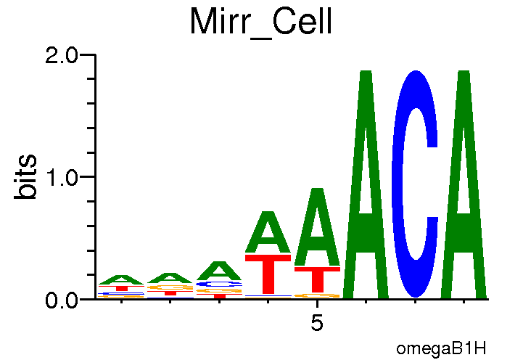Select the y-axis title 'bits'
click(28, 176)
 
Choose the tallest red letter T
click(268, 275)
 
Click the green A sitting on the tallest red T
click(268, 234)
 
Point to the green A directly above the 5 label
click(317, 229)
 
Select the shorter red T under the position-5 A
click(317, 279)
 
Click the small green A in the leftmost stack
click(122, 280)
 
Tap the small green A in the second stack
click(170, 279)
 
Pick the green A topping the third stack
click(219, 271)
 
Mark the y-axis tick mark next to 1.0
click(91, 176)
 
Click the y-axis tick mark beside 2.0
click(91, 54)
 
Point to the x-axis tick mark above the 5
click(317, 303)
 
